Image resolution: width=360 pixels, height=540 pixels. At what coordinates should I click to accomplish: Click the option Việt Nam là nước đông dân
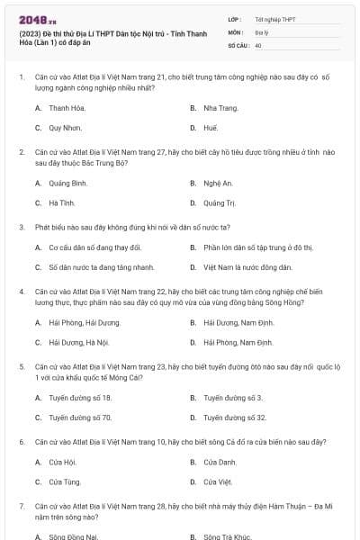(x=247, y=267)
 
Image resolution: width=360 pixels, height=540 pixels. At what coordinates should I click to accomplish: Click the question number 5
(x=21, y=367)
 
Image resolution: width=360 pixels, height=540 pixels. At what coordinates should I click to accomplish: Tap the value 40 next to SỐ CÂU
(x=258, y=44)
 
